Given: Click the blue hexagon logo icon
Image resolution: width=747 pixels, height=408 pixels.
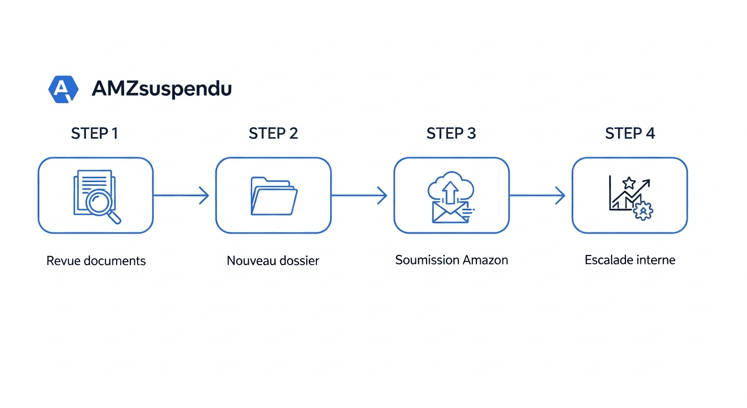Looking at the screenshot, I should pyautogui.click(x=63, y=89).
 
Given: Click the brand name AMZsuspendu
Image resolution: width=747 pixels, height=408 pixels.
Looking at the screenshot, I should pyautogui.click(x=162, y=89).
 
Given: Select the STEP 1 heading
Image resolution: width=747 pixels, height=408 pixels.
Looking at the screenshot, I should pyautogui.click(x=94, y=133).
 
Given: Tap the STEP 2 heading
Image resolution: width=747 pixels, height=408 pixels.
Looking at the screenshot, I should pyautogui.click(x=273, y=133).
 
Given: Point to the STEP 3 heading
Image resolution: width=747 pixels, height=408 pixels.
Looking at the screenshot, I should pyautogui.click(x=451, y=133).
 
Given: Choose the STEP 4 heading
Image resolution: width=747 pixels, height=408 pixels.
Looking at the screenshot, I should pyautogui.click(x=630, y=133).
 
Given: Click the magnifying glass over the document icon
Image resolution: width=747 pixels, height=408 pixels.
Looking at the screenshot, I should pyautogui.click(x=102, y=205).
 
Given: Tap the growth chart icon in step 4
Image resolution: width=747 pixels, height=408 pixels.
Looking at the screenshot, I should pyautogui.click(x=630, y=197).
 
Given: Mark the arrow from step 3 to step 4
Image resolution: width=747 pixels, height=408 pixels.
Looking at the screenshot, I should pyautogui.click(x=537, y=195).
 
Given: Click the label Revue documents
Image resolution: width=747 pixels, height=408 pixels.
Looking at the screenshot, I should pyautogui.click(x=96, y=261).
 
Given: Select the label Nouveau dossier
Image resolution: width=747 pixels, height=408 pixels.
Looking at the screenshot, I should pyautogui.click(x=273, y=261).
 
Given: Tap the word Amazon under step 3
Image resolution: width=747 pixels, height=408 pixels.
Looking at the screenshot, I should pyautogui.click(x=485, y=260).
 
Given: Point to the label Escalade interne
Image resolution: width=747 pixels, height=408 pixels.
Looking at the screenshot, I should pyautogui.click(x=630, y=260).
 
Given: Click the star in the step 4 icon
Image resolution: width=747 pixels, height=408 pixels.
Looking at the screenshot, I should pyautogui.click(x=629, y=183).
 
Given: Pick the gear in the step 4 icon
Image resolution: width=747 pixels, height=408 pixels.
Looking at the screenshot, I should pyautogui.click(x=644, y=211).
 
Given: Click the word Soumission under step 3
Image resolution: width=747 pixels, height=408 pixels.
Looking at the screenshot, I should pyautogui.click(x=427, y=260).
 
